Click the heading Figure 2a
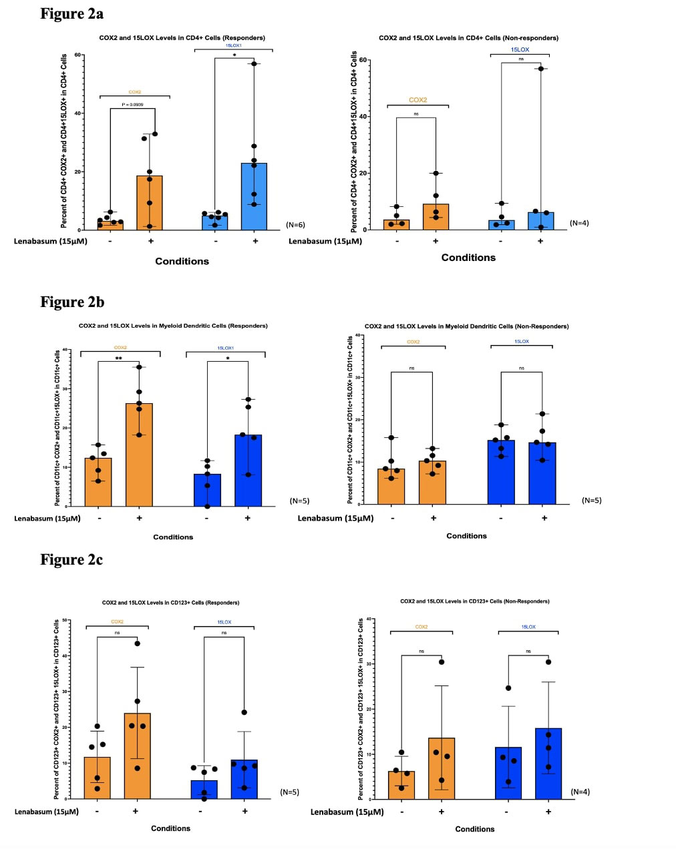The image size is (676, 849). tap(71, 13)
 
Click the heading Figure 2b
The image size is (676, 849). tap(72, 302)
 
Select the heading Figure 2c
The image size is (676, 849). tap(71, 559)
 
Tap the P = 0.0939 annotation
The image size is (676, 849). tap(132, 105)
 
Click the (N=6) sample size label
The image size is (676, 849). tap(295, 225)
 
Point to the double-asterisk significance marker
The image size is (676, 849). tap(118, 358)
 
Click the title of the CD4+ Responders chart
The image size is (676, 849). tap(182, 38)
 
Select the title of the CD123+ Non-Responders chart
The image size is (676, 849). tap(474, 601)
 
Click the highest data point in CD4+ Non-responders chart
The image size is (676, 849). tap(540, 69)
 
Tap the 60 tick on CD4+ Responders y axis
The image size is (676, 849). tap(78, 55)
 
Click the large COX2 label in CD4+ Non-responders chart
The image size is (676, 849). tap(417, 100)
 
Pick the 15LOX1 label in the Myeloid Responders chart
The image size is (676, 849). tap(225, 348)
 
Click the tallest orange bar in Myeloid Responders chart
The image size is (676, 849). tap(139, 454)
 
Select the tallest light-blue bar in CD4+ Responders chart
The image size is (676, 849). tap(254, 196)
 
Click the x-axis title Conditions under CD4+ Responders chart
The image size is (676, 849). tap(182, 261)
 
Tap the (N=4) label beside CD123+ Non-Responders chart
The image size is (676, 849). tap(580, 792)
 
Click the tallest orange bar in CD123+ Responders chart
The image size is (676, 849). tap(137, 755)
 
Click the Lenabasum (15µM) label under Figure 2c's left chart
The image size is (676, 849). tap(47, 812)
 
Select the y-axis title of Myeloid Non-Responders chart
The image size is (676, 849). tap(351, 419)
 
